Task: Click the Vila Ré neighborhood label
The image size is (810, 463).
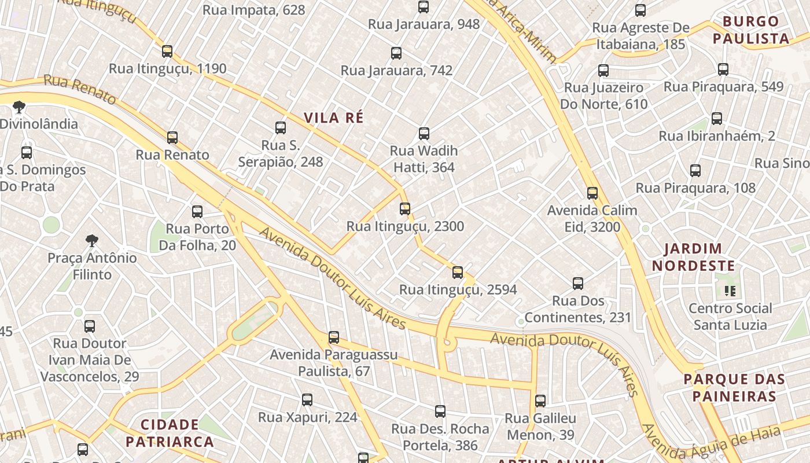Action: pyautogui.click(x=334, y=117)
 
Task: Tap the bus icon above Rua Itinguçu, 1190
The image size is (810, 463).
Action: pyautogui.click(x=167, y=52)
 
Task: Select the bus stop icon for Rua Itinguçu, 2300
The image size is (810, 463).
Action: pyautogui.click(x=405, y=209)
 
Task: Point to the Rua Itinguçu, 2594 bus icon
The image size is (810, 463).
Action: pyautogui.click(x=458, y=272)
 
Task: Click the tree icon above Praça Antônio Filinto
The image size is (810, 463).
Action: pyautogui.click(x=91, y=241)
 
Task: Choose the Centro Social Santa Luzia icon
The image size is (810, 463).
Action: pyautogui.click(x=730, y=291)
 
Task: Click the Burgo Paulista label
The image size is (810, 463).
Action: pyautogui.click(x=751, y=30)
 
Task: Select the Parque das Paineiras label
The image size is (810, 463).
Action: pyautogui.click(x=730, y=388)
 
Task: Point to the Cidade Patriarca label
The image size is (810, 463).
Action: pyautogui.click(x=170, y=433)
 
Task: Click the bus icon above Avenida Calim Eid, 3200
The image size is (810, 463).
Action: pyautogui.click(x=592, y=193)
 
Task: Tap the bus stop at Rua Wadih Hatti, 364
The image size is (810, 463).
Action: pyautogui.click(x=424, y=134)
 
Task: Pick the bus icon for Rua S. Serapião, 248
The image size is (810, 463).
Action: pyautogui.click(x=281, y=128)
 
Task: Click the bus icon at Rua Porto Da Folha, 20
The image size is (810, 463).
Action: pyautogui.click(x=197, y=212)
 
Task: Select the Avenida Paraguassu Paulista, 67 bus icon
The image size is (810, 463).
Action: pyautogui.click(x=334, y=337)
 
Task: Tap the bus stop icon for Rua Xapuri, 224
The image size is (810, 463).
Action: pyautogui.click(x=307, y=400)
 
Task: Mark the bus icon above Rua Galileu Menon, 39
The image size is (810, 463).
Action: pyautogui.click(x=540, y=401)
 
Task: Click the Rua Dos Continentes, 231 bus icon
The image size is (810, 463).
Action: pyautogui.click(x=578, y=284)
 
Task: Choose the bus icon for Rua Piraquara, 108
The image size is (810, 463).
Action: pyautogui.click(x=695, y=171)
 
